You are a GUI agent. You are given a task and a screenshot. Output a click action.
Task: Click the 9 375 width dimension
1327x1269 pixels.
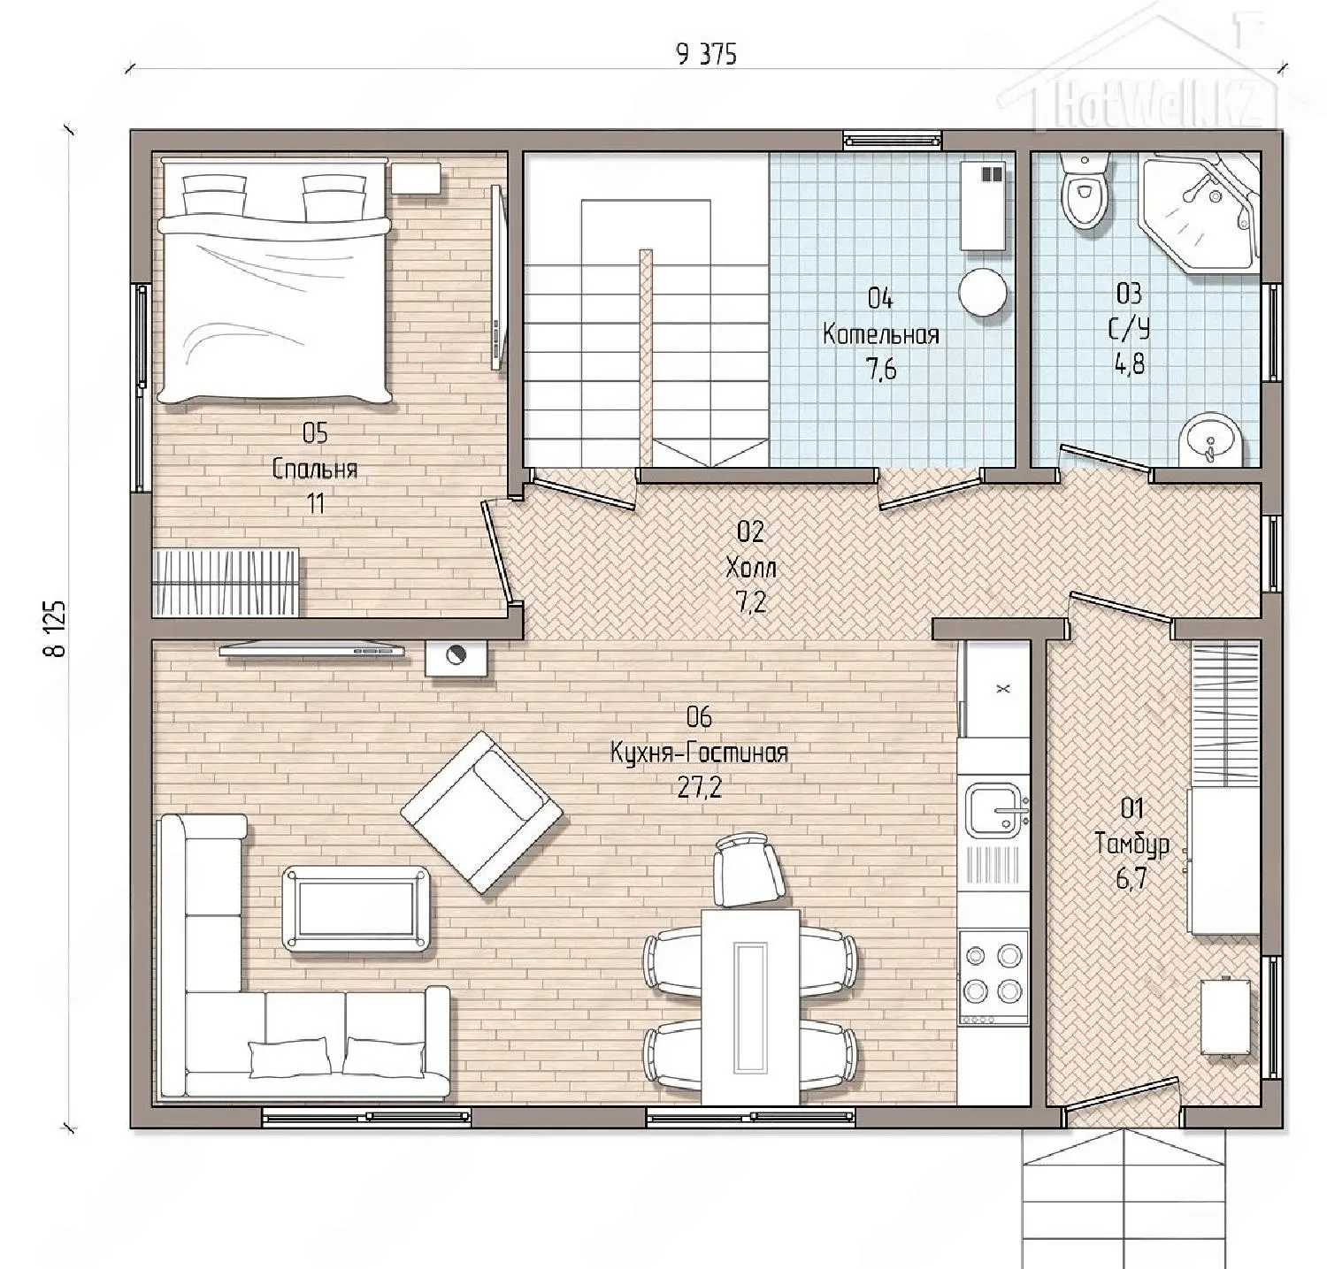tap(705, 55)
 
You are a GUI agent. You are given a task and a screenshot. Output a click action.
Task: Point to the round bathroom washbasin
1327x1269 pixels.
tap(1210, 438)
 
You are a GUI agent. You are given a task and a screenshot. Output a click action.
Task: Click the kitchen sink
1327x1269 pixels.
tap(997, 809)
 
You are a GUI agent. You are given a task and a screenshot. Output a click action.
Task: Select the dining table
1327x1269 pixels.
tap(751, 1007)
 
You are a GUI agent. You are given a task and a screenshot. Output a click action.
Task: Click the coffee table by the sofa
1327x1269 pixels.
tap(357, 909)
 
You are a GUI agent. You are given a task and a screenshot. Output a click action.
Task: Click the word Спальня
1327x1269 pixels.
tap(315, 468)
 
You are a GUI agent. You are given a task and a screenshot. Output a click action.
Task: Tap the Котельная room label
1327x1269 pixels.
tap(880, 334)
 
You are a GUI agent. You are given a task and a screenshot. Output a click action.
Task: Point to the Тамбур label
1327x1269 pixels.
tap(1132, 844)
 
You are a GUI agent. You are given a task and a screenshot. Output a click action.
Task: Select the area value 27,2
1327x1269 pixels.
tap(699, 787)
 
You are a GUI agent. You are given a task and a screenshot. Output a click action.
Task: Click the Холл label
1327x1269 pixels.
tap(750, 566)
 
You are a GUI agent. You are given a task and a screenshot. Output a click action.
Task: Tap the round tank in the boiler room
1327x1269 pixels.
tap(984, 292)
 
